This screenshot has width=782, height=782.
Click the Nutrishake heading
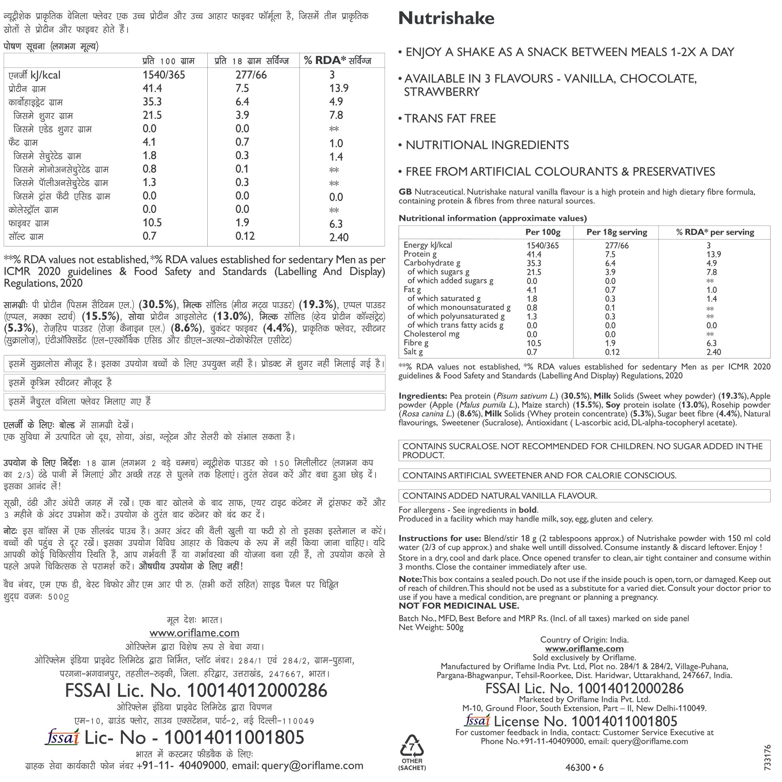point(446,19)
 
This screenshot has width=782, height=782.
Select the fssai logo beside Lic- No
point(62,737)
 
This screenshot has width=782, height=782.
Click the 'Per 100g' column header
point(542,232)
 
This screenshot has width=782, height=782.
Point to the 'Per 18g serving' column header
point(617,232)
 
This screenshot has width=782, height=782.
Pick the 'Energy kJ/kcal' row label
point(427,245)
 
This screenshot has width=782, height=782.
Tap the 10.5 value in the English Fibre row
point(532,343)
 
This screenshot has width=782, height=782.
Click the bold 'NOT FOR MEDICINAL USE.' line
point(459,606)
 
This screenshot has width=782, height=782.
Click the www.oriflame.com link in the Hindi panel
point(194,633)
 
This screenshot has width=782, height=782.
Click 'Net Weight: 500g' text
point(430,628)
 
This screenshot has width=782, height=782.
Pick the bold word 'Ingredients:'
point(423,396)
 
